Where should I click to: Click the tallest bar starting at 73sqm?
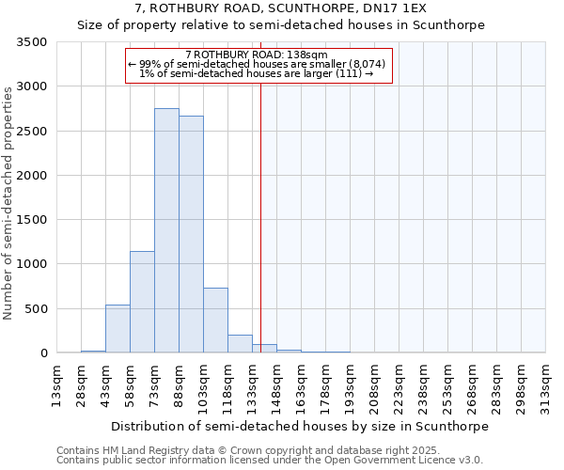pos(166,230)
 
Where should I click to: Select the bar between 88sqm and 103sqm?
pos(191,234)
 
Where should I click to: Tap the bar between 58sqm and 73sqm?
pos(142,302)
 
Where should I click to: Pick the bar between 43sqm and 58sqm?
pos(117,329)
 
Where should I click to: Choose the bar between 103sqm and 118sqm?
pos(215,321)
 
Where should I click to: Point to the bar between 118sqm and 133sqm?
pos(240,344)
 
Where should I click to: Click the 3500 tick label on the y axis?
pos(32,43)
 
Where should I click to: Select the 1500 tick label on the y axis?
pos(32,220)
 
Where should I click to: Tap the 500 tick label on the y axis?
pos(36,309)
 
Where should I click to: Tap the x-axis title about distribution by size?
pos(300,426)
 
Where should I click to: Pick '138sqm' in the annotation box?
pos(306,55)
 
